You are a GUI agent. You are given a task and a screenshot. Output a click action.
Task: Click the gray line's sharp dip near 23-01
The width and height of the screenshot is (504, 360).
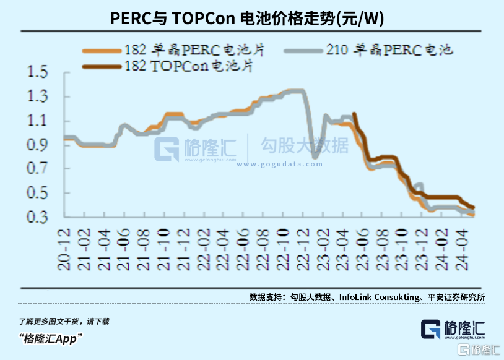(315, 157)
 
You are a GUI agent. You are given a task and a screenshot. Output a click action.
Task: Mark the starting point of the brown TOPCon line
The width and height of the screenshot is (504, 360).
(354, 114)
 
